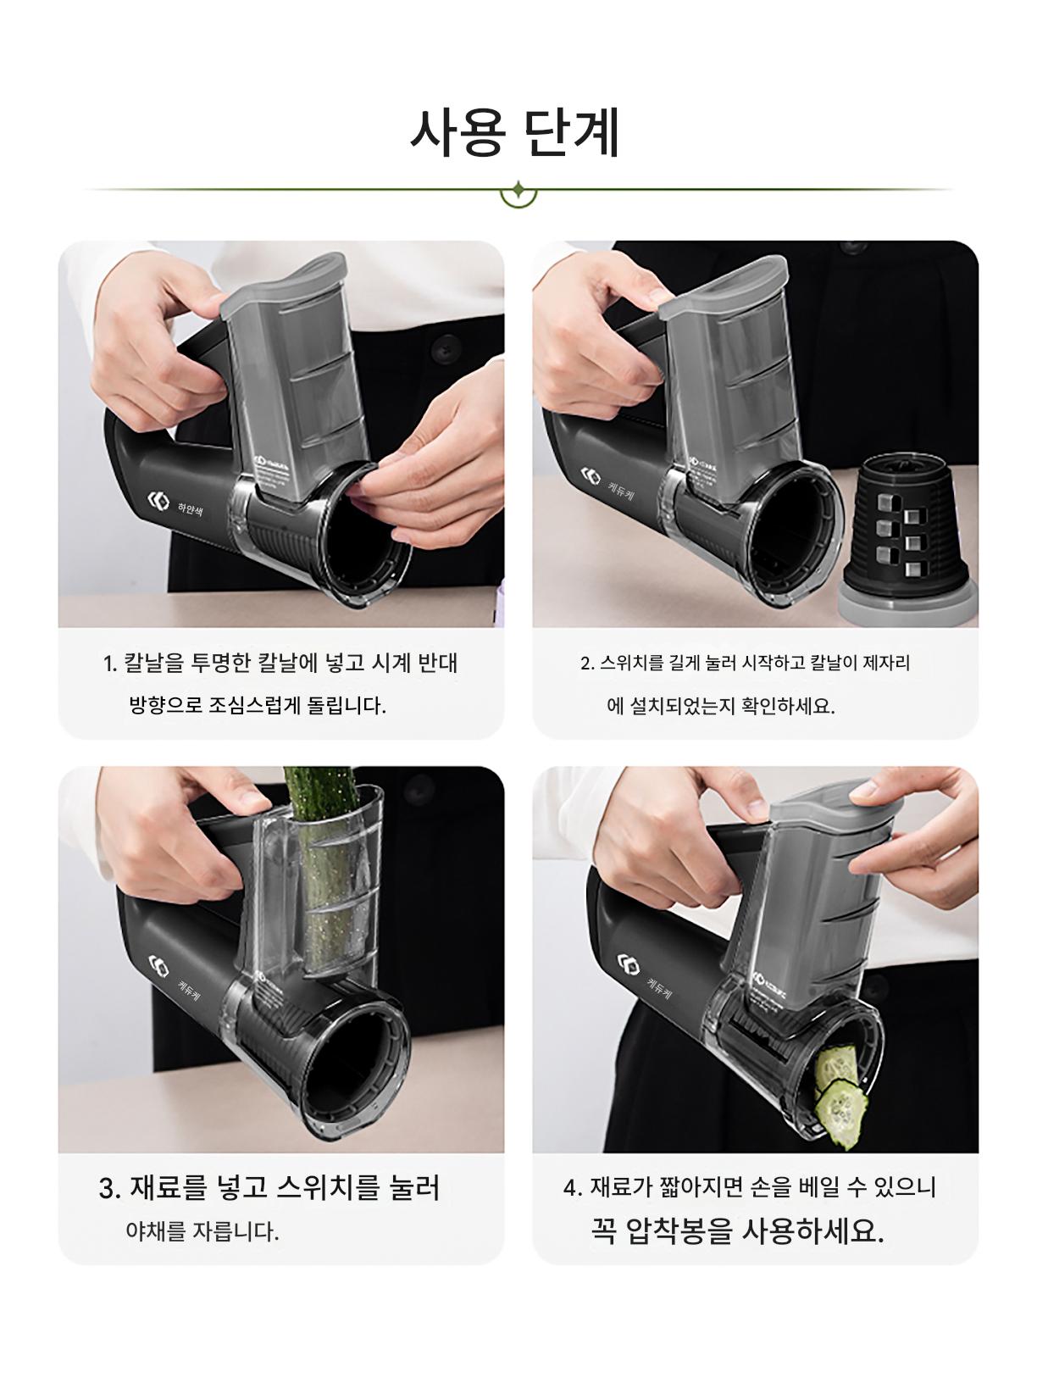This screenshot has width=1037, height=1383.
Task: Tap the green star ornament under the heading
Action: coord(518,190)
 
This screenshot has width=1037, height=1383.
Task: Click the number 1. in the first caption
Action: coord(110,664)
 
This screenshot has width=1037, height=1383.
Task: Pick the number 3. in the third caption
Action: coord(110,1189)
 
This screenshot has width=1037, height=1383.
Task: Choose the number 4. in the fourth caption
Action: coord(573,1189)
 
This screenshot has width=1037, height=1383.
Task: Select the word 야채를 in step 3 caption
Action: coord(156,1231)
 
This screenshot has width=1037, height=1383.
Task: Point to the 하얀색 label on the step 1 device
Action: coord(190,508)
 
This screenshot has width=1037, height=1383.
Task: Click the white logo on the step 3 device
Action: coord(158,965)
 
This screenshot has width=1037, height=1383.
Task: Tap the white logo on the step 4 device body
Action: coord(628,964)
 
